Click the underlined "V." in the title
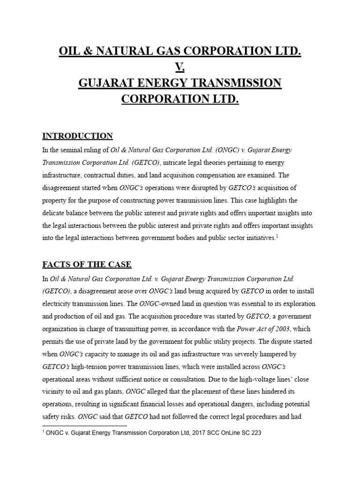click(180, 67)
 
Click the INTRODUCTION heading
click(77, 136)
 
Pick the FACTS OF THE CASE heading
click(87, 264)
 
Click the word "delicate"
click(54, 213)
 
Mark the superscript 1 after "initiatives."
click(277, 236)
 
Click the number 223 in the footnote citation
click(255, 433)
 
